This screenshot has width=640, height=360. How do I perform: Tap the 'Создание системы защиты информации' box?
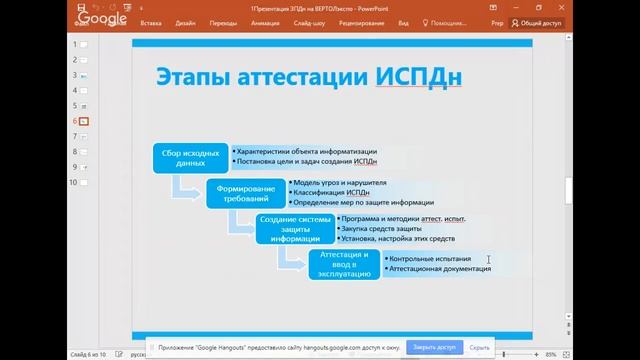[294, 229]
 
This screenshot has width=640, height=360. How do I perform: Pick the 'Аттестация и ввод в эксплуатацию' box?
[344, 264]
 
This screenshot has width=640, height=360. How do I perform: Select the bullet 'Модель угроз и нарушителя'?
[340, 182]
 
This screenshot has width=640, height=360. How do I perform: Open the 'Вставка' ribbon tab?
[152, 22]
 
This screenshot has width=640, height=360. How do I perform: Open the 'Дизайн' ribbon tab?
[185, 22]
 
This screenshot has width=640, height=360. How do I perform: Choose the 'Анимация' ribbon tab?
[266, 22]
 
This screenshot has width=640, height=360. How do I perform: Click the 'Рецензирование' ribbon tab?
[361, 22]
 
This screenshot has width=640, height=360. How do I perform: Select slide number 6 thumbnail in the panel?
[84, 121]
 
